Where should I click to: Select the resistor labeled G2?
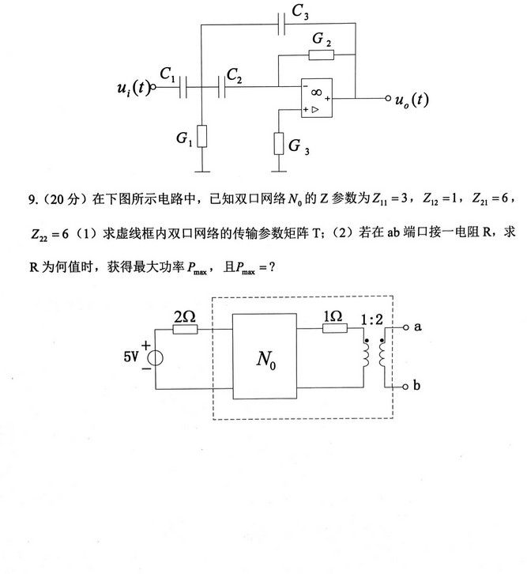pyautogui.click(x=321, y=55)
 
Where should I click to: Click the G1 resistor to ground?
pyautogui.click(x=202, y=137)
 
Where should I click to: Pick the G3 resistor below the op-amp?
pyautogui.click(x=279, y=144)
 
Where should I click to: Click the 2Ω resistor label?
pyautogui.click(x=184, y=316)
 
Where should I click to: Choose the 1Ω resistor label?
pyautogui.click(x=332, y=316)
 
